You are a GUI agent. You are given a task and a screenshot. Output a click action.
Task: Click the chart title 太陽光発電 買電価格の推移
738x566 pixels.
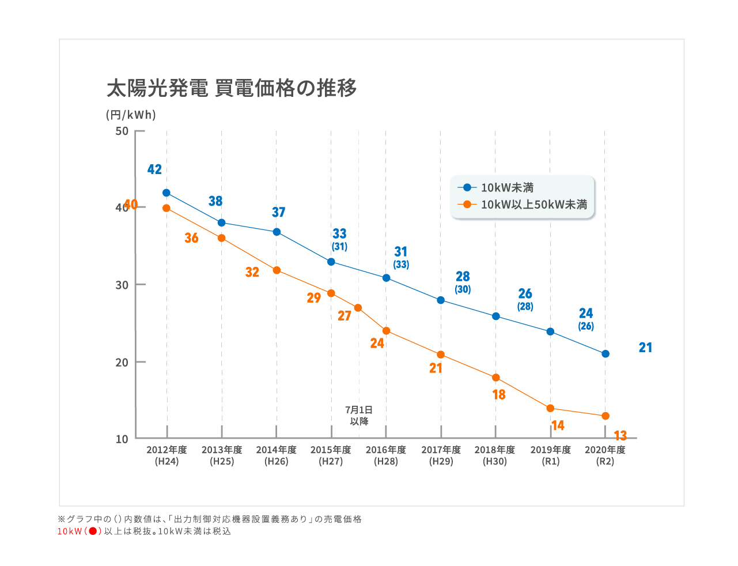pos(232,88)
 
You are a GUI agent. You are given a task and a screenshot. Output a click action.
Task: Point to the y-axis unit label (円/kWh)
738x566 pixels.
pos(131,115)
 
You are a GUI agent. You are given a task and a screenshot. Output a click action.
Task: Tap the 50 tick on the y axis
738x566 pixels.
pos(122,131)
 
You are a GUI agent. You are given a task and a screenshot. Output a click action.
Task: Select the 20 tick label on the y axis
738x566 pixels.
pos(122,363)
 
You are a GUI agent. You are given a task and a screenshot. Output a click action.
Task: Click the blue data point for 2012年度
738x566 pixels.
pos(166,193)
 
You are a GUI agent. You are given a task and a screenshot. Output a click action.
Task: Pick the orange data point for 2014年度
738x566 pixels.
pos(277,270)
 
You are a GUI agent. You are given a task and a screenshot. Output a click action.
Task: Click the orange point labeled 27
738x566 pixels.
pos(358,308)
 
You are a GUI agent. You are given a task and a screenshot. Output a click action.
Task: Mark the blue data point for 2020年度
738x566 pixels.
pos(605,354)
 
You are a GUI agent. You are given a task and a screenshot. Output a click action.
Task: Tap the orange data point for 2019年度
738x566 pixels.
pos(550,409)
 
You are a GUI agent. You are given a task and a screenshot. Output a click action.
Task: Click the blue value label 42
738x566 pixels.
pos(154,169)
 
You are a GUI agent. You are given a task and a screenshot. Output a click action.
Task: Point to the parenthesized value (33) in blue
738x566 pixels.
pos(401,265)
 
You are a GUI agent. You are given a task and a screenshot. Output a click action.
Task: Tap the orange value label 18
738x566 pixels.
pos(499,395)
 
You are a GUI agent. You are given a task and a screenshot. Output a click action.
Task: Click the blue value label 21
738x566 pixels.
pos(645,348)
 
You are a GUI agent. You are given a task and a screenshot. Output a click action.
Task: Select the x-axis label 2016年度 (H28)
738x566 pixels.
pos(386,455)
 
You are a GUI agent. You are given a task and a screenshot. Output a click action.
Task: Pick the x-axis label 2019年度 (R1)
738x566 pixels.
pos(551,455)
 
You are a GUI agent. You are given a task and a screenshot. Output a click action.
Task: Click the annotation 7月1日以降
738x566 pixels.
pos(359,416)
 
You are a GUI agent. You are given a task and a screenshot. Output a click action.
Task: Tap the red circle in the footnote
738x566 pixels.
pos(93,531)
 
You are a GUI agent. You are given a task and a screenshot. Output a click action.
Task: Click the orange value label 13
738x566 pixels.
pos(620,436)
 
